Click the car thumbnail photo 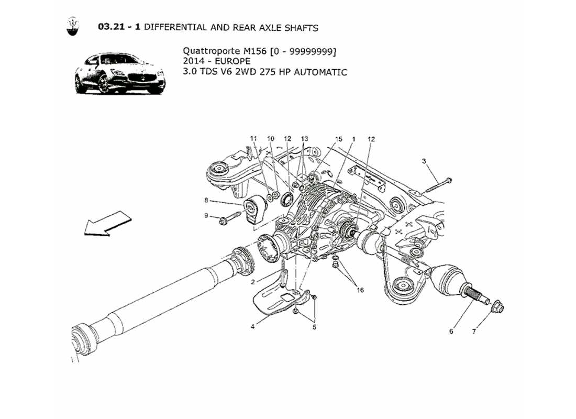(x=120, y=73)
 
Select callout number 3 (x=424, y=161)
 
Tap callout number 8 (x=206, y=200)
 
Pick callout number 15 (x=339, y=139)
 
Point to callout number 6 (x=451, y=331)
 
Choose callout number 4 (x=253, y=326)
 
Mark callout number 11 (x=254, y=139)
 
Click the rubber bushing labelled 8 (x=255, y=208)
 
